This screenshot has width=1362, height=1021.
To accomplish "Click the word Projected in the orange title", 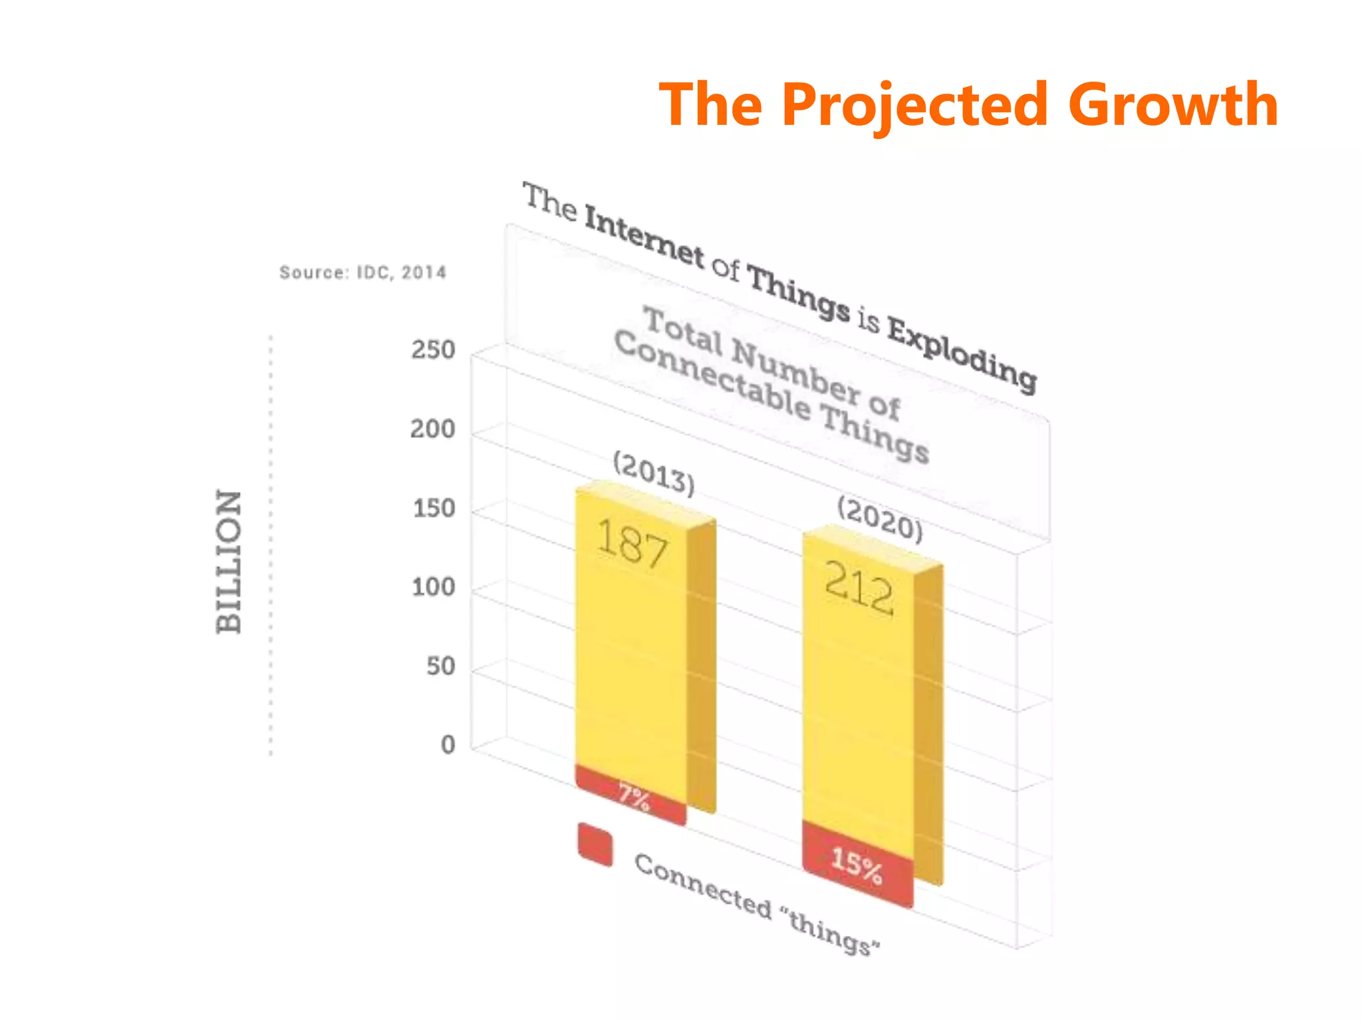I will coord(915,105).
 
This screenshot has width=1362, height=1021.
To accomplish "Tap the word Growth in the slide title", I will coord(1173,105).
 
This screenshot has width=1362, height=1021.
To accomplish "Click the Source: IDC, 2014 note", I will coord(362,273).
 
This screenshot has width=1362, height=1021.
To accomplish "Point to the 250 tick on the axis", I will coord(433,350).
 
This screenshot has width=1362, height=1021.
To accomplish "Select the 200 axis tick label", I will coord(432,429).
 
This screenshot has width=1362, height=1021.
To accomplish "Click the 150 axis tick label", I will coord(434,509).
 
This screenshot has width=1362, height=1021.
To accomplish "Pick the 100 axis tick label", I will coord(433,588).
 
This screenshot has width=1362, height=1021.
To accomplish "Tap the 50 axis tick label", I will coord(441,666).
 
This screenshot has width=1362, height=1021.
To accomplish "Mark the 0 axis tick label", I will coord(448,745).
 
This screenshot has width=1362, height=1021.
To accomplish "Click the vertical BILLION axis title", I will coord(229,562).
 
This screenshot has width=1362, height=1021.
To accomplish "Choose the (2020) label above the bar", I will coord(880,519).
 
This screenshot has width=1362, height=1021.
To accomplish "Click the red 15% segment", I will coord(857,863).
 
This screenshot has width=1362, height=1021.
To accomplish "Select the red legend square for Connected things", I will coord(595,845).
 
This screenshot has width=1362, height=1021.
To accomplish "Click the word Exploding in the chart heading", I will coord(962,353).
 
